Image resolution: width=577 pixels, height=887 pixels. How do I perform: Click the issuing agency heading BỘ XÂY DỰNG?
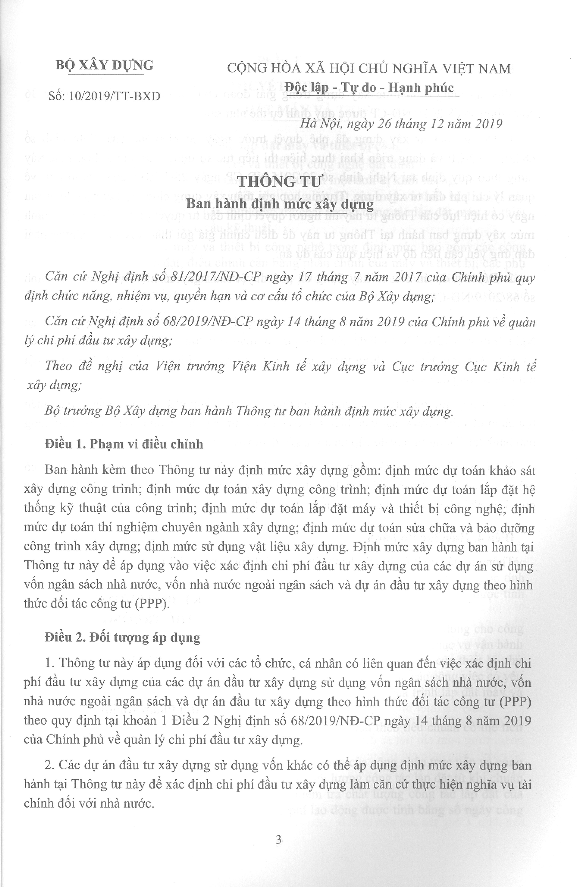click(x=104, y=66)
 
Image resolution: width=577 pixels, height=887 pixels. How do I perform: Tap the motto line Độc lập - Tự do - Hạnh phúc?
click(x=369, y=88)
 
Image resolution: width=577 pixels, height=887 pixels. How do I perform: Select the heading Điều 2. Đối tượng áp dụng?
click(x=122, y=637)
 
